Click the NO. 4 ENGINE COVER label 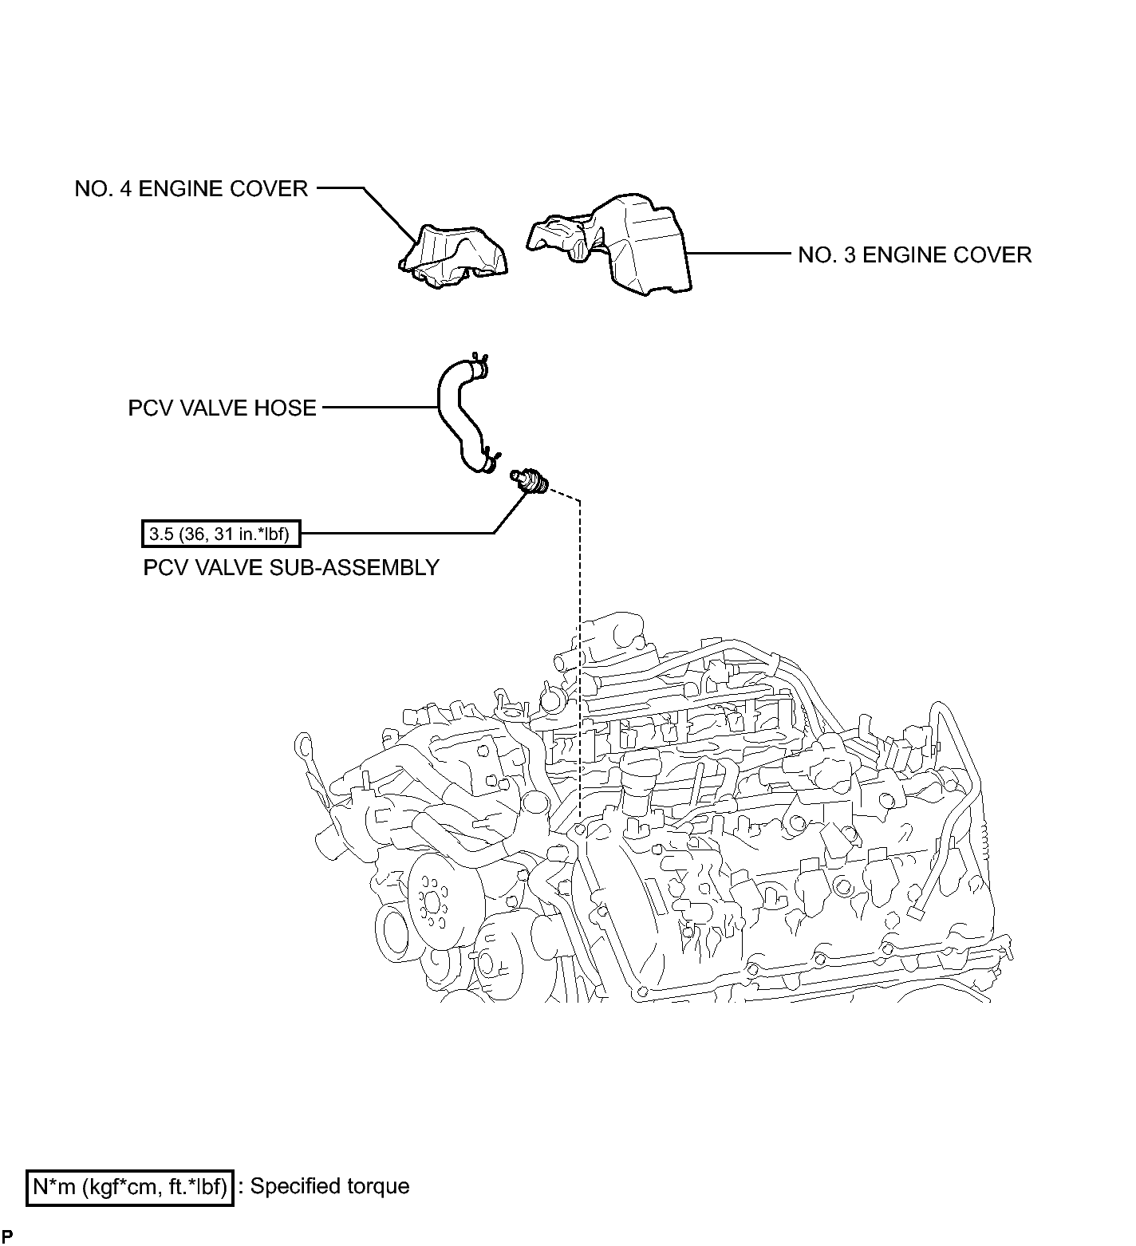point(191,189)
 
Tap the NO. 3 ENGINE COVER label point(915,255)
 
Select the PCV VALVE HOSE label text point(222,408)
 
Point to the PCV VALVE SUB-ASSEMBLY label point(291,568)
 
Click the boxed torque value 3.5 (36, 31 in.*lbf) point(221,534)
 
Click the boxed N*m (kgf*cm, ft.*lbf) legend point(130,1186)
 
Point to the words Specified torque point(329,1186)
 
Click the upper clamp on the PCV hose point(479,365)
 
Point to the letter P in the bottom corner point(6,1236)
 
